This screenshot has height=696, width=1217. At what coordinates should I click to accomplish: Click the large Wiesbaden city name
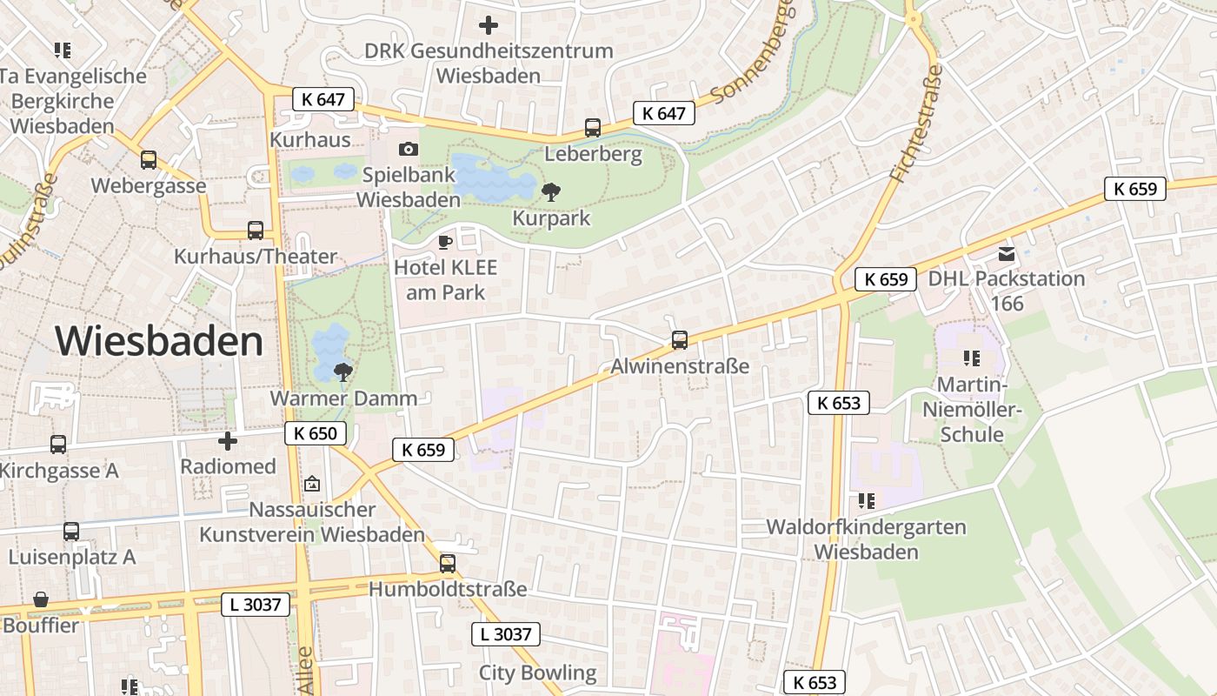pyautogui.click(x=159, y=341)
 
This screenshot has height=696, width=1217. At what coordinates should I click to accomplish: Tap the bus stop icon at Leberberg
pyautogui.click(x=593, y=128)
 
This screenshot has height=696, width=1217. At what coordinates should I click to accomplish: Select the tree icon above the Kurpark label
pyautogui.click(x=550, y=191)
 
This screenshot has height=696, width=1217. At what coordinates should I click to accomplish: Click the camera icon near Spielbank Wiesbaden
pyautogui.click(x=408, y=149)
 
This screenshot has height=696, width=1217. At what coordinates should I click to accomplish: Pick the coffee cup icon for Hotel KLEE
pyautogui.click(x=445, y=241)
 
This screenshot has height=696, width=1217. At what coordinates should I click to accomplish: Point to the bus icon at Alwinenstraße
pyautogui.click(x=680, y=340)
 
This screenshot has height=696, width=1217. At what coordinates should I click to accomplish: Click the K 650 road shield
pyautogui.click(x=316, y=433)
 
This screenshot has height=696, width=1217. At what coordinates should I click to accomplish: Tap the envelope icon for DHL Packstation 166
pyautogui.click(x=1007, y=254)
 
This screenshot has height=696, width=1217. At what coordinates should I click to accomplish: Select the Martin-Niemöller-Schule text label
pyautogui.click(x=972, y=409)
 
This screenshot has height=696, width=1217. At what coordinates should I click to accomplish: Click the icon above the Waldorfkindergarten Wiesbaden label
pyautogui.click(x=866, y=500)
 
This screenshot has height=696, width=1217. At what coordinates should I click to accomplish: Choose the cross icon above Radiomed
pyautogui.click(x=228, y=441)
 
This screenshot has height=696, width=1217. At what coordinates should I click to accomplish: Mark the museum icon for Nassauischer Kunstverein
pyautogui.click(x=312, y=484)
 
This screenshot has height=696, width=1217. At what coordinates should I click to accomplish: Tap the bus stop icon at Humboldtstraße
pyautogui.click(x=448, y=563)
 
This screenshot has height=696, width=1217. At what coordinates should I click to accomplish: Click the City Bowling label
pyautogui.click(x=537, y=673)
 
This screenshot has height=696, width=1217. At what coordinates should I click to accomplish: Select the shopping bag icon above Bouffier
pyautogui.click(x=40, y=599)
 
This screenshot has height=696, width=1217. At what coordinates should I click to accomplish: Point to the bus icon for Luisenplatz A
pyautogui.click(x=71, y=531)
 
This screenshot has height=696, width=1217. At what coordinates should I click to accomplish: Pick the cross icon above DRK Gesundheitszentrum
pyautogui.click(x=489, y=25)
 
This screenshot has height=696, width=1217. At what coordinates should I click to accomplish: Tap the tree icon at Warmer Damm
pyautogui.click(x=343, y=372)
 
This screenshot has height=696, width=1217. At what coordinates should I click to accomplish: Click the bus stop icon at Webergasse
pyautogui.click(x=149, y=160)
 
